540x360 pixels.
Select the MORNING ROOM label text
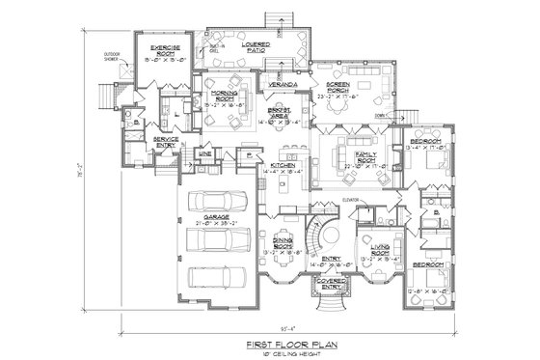[227, 93]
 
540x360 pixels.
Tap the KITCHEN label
[282, 166]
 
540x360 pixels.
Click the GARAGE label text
[215, 217]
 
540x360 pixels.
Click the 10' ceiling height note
[273, 349]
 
